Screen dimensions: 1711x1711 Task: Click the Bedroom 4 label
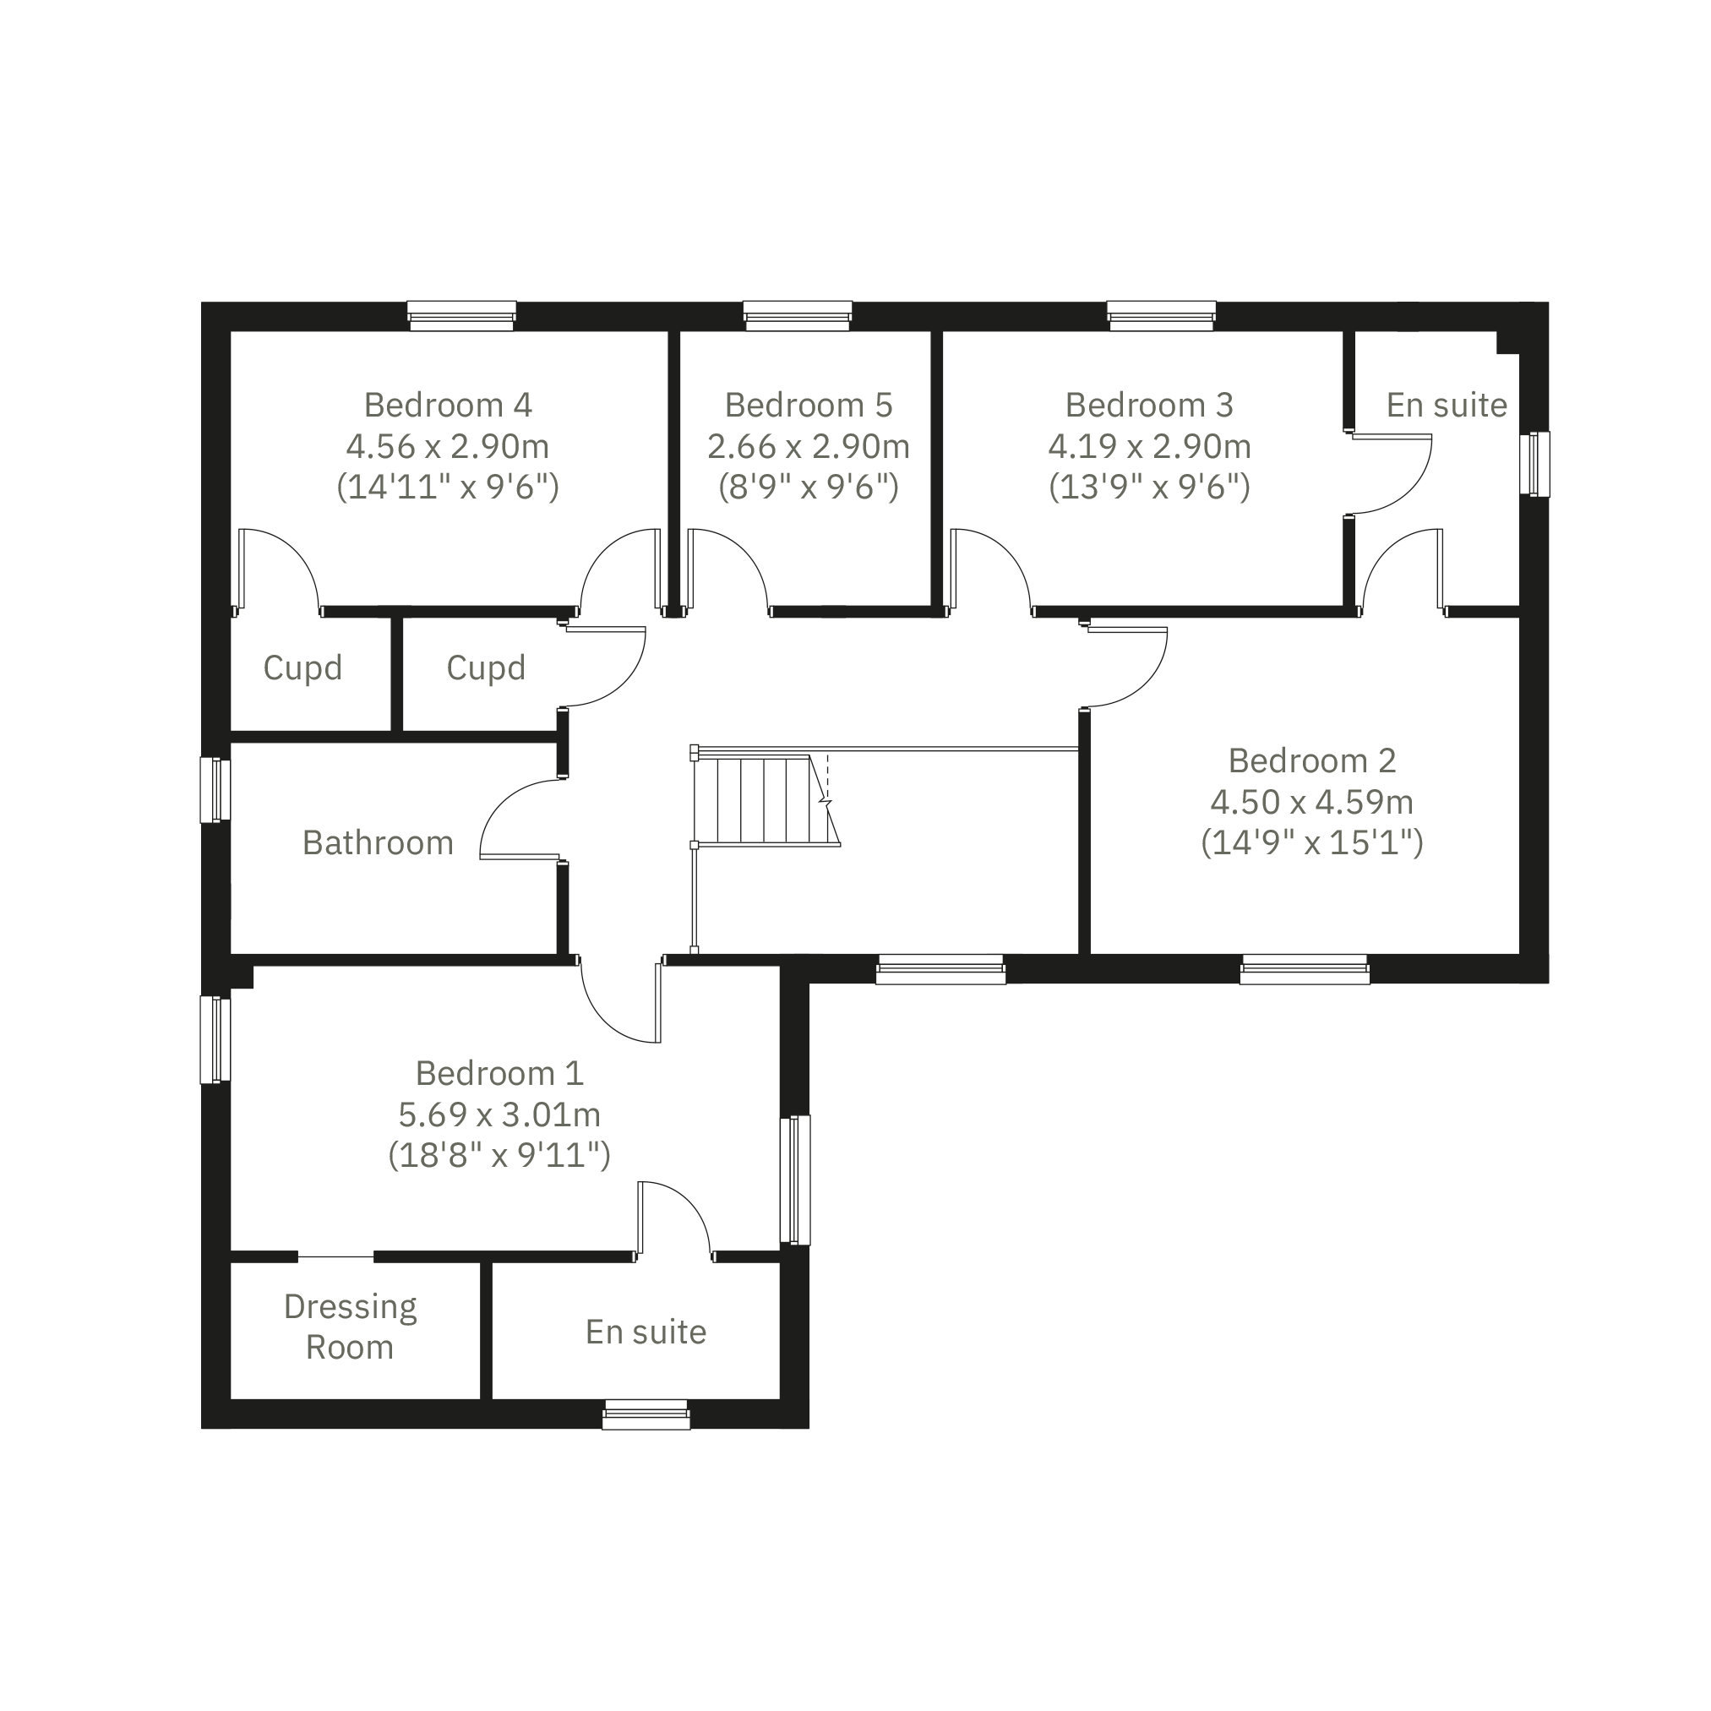click(x=447, y=405)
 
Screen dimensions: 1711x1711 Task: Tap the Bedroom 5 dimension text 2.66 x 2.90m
click(x=808, y=446)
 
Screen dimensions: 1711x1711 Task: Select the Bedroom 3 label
click(x=1148, y=405)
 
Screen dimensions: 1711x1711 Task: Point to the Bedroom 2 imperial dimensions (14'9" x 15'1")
click(x=1311, y=842)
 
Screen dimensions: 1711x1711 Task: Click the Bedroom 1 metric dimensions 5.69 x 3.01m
click(x=499, y=1114)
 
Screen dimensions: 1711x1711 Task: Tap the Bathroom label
click(x=379, y=842)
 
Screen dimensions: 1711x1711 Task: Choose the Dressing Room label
click(x=351, y=1327)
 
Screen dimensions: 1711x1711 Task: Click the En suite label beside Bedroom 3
click(x=1447, y=405)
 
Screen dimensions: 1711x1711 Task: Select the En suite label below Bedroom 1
click(x=646, y=1332)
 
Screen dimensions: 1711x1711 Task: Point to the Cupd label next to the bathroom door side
click(x=486, y=668)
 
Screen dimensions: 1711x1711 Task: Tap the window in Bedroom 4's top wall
click(x=461, y=316)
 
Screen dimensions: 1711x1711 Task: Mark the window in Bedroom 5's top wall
click(x=798, y=316)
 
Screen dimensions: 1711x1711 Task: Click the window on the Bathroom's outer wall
click(x=215, y=790)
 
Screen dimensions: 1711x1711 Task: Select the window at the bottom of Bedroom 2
click(x=1305, y=969)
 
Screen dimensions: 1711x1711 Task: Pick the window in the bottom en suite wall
click(x=646, y=1414)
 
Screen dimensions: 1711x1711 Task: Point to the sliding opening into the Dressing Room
click(x=335, y=1256)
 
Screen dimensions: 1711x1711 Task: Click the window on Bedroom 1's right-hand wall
click(x=795, y=1180)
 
